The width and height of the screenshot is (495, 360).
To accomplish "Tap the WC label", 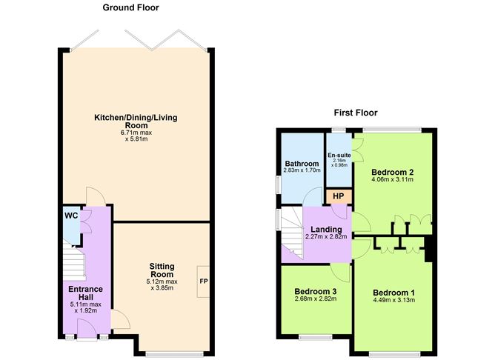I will (x=71, y=216).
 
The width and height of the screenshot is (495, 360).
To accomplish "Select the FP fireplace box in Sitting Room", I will (x=202, y=281).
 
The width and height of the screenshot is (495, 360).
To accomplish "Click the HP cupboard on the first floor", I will (x=339, y=196).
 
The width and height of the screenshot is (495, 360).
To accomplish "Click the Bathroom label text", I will (x=302, y=164).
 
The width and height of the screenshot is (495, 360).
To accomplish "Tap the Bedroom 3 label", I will (x=315, y=290).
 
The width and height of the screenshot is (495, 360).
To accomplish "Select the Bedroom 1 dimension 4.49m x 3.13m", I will (x=393, y=301).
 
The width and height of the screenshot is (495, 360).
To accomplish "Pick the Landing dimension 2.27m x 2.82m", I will (x=326, y=237).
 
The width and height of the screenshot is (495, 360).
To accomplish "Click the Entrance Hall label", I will (x=86, y=293).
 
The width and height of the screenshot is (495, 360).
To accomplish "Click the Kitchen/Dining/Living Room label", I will (x=136, y=121).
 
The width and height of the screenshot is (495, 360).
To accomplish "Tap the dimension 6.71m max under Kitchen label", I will (x=136, y=133).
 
